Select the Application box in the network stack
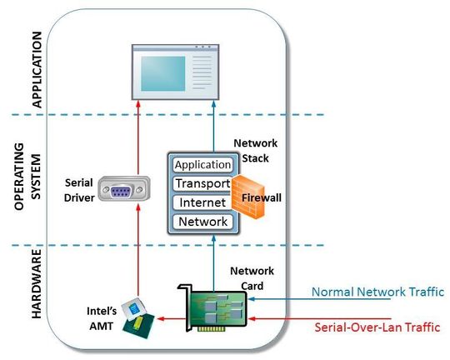pyautogui.click(x=202, y=165)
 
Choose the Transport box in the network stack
pyautogui.click(x=202, y=183)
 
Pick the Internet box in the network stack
pyautogui.click(x=202, y=202)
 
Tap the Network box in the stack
pyautogui.click(x=202, y=222)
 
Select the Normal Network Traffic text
pyautogui.click(x=377, y=292)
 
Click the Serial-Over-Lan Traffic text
pyautogui.click(x=377, y=327)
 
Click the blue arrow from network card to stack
pyautogui.click(x=213, y=258)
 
